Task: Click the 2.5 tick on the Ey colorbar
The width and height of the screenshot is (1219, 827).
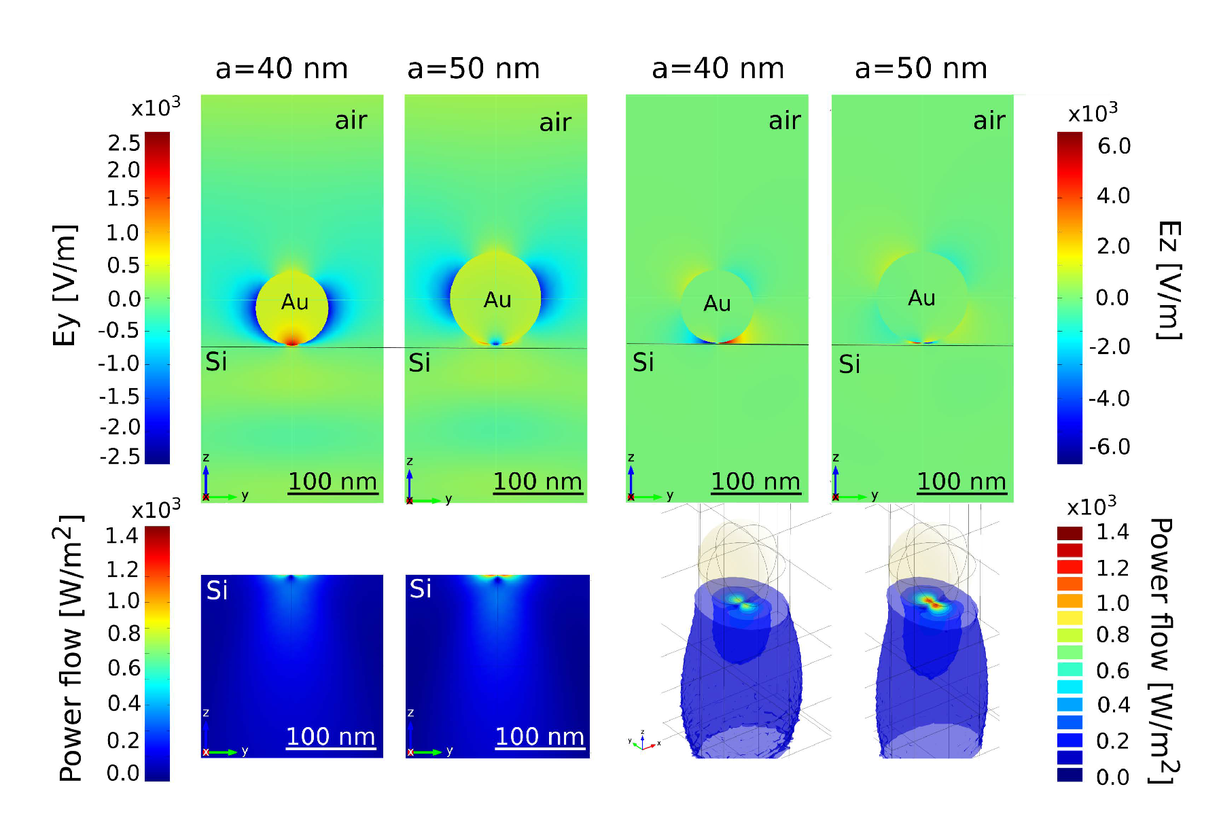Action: (124, 143)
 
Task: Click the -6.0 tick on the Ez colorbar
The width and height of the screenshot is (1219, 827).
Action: (1109, 446)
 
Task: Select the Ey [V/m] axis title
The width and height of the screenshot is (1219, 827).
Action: (65, 285)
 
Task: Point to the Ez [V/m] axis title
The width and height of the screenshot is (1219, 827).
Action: (1169, 280)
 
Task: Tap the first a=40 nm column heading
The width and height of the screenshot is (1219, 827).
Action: (281, 69)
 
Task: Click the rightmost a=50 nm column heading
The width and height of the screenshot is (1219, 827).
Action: (920, 69)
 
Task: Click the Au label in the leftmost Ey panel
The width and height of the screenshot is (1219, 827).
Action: (295, 302)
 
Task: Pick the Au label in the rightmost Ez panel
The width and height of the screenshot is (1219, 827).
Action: (921, 298)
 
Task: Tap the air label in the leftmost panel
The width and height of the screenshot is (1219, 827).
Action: (351, 120)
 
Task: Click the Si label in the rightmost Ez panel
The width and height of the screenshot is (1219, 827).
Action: (849, 364)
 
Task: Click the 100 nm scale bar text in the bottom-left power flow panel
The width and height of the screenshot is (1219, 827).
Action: (330, 737)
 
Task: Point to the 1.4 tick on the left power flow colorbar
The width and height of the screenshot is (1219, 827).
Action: (122, 535)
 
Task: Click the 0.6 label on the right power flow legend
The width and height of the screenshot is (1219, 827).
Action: (1112, 671)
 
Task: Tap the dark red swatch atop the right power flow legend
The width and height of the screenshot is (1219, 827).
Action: (1070, 533)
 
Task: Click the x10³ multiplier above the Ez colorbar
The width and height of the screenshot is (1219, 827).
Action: (1093, 112)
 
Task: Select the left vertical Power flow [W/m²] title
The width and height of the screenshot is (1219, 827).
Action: (69, 649)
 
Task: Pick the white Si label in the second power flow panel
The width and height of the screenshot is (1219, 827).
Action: (421, 588)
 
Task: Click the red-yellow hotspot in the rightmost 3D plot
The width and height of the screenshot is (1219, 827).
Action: (931, 601)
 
